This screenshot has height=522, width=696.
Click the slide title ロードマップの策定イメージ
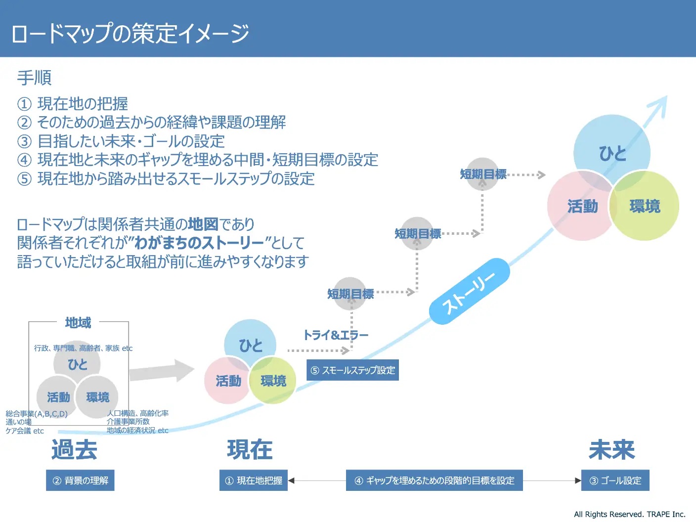coord(130,33)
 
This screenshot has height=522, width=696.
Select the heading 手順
coord(34,78)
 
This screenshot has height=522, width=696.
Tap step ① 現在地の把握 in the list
coord(73,104)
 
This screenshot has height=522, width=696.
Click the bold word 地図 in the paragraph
coord(203,224)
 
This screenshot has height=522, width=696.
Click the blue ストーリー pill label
coord(469,291)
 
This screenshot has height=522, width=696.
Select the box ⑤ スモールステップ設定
coord(352,370)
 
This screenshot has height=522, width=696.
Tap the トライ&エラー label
coord(336,335)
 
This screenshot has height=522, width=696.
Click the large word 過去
coord(74,449)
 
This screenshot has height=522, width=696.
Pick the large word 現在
coord(250,449)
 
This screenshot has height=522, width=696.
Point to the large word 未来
coord(611,449)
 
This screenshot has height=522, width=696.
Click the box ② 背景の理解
coord(80,480)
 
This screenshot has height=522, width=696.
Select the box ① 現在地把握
coord(254,480)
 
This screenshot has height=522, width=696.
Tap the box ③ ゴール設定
coord(615,480)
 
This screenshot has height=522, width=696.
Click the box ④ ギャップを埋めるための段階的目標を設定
coord(434,480)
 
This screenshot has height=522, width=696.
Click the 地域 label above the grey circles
coord(78,323)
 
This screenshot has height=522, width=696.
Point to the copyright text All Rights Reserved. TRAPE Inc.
coord(629,514)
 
